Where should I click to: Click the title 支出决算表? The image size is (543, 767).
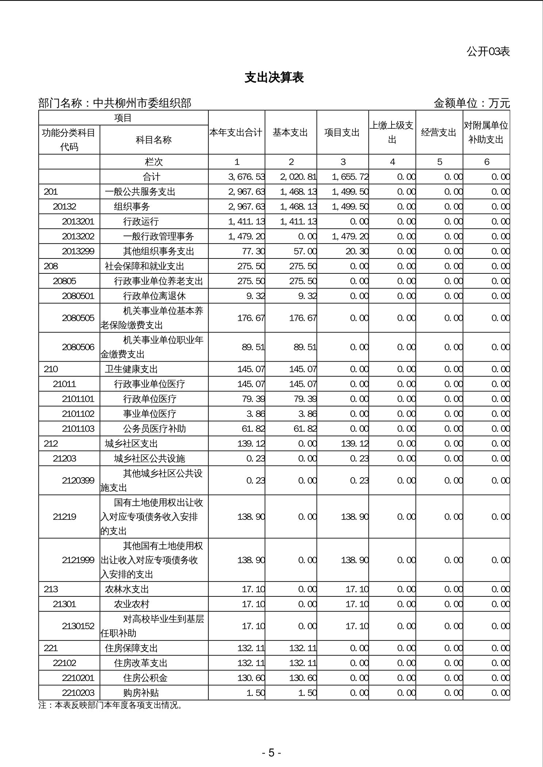coord(274,77)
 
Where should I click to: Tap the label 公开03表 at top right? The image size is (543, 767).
coord(488,51)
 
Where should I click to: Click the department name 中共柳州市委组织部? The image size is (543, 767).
coord(142,103)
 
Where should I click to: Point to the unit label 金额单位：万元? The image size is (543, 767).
coord(471,103)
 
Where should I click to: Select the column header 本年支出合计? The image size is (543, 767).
coord(236,132)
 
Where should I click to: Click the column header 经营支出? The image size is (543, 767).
coord(439,132)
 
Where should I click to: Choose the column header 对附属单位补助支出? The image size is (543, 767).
coord(486,132)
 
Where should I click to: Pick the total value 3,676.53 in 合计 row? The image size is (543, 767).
coord(246,177)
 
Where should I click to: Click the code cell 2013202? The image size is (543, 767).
coord(78,236)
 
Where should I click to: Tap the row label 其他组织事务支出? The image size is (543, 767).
coord(158,251)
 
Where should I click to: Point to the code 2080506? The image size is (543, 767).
coord(78,347)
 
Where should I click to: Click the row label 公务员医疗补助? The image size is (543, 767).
coord(154,428)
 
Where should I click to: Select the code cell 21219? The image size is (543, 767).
coord(65,517)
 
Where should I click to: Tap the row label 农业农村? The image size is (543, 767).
coord(132,604)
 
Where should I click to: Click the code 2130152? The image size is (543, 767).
coord(78,626)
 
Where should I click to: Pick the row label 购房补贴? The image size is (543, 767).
coord(141,693)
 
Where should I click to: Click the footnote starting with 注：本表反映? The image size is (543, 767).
coord(111,705)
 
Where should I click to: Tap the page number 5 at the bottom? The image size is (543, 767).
coord(271,753)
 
